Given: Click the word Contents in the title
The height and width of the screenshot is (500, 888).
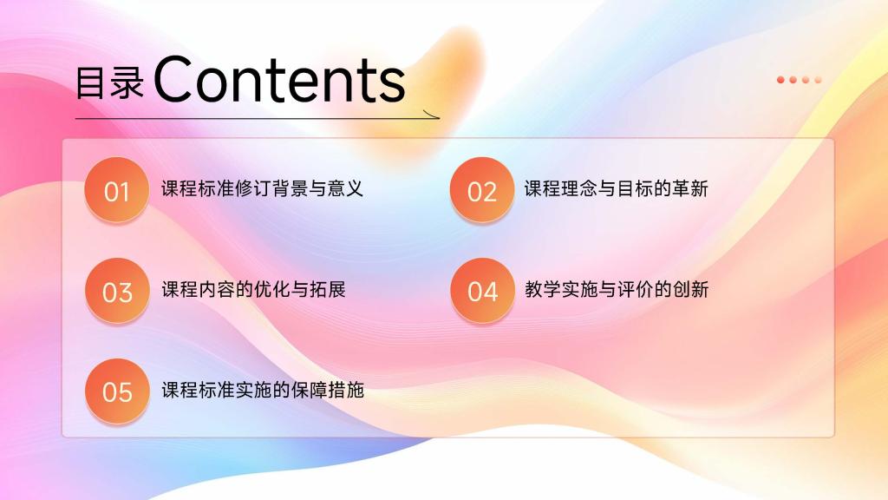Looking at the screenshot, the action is (279, 79).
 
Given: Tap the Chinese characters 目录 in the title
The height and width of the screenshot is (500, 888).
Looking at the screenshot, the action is (110, 82).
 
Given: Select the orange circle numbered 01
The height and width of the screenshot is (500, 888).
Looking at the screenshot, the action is (117, 190).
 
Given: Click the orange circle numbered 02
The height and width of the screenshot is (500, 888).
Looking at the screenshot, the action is (482, 190).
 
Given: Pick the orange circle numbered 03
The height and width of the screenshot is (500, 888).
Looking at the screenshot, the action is (117, 290).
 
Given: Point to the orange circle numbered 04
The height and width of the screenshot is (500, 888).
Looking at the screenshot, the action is (482, 290).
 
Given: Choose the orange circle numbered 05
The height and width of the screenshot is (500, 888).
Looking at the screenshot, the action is (117, 391).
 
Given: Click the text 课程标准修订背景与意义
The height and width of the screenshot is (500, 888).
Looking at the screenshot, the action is (262, 188).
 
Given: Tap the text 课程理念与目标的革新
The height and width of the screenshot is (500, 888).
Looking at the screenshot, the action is (617, 188).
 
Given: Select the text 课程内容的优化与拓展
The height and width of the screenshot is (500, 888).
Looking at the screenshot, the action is (254, 289).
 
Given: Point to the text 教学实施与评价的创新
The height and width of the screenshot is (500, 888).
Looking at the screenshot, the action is (617, 289).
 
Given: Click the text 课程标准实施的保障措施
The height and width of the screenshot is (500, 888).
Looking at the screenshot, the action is (263, 390).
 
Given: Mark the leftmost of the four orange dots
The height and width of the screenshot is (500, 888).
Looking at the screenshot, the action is (781, 80).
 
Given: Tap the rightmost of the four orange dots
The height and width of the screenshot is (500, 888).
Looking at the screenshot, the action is (818, 80).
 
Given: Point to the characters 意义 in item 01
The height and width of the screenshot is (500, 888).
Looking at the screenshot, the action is (345, 188).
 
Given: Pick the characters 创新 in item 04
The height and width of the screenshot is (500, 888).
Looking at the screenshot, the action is (691, 289).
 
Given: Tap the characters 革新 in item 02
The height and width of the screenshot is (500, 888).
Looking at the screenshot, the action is (690, 188).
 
